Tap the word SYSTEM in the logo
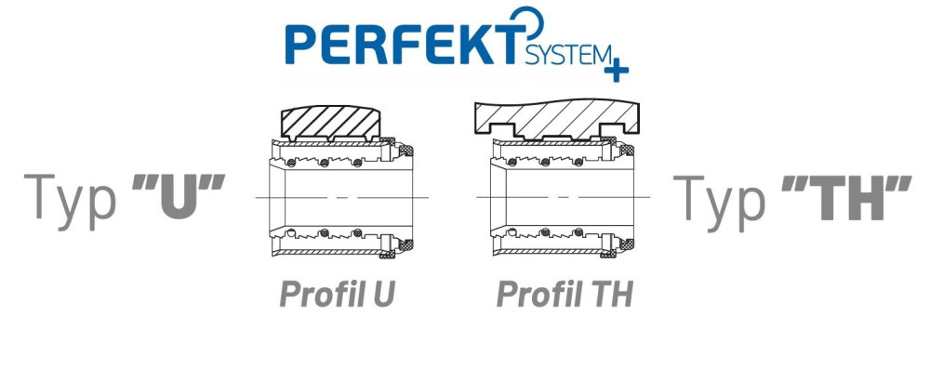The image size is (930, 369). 568,57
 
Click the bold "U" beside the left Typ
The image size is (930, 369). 178,197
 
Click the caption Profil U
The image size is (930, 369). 337,295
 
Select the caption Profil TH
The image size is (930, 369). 565,295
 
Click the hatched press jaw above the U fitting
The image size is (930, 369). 330,125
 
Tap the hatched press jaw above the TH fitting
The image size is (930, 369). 556,119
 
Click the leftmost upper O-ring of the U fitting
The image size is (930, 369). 291,163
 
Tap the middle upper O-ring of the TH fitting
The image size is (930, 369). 545,163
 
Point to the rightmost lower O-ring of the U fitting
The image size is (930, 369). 357,232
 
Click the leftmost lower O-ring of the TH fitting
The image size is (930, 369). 511,232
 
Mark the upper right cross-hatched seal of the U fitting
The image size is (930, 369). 406,152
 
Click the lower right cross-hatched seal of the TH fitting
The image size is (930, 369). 627,244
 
